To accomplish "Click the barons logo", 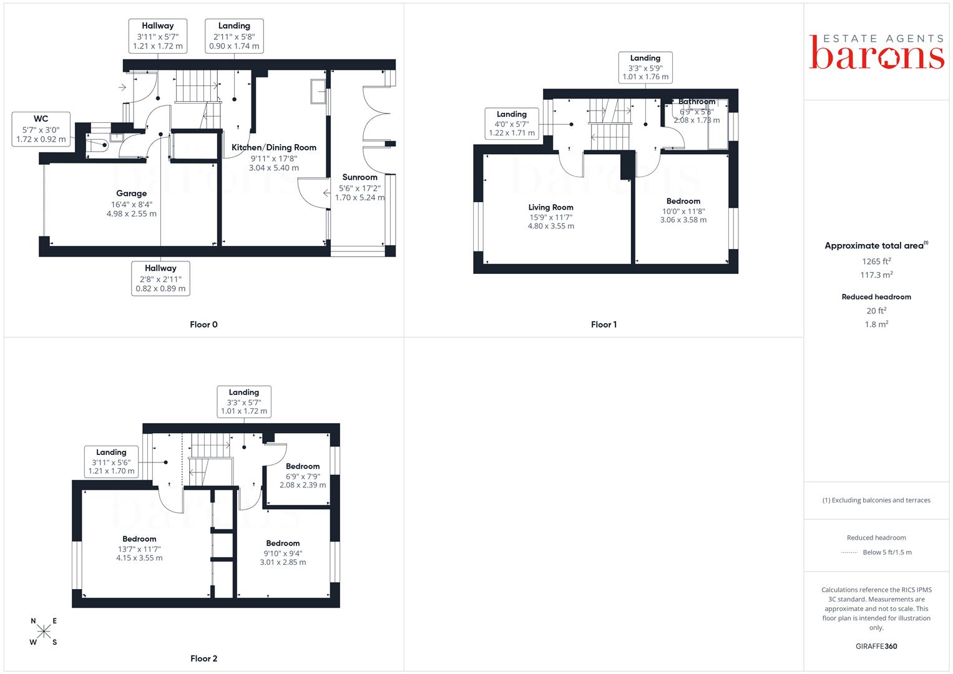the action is [876, 52].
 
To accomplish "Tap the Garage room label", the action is [132, 193].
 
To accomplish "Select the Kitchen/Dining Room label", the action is [274, 148].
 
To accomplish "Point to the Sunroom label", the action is [360, 177].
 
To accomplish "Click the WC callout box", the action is [41, 129].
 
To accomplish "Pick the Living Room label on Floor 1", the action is [551, 207].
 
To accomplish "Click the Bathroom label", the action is [697, 101].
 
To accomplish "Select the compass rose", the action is [44, 631].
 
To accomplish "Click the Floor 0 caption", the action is [203, 325].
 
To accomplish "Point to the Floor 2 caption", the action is [204, 658].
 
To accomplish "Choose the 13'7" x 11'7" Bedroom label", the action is [139, 539].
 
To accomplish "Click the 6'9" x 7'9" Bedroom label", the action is [303, 466].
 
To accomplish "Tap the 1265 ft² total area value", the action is [876, 261].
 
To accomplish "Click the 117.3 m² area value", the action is [876, 275].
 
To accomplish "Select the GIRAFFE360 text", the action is [876, 647].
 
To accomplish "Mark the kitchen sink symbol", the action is [318, 92].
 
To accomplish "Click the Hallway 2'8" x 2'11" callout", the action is [160, 278].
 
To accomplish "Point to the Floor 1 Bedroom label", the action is [683, 201].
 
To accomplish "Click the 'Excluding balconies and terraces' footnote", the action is [876, 501].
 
